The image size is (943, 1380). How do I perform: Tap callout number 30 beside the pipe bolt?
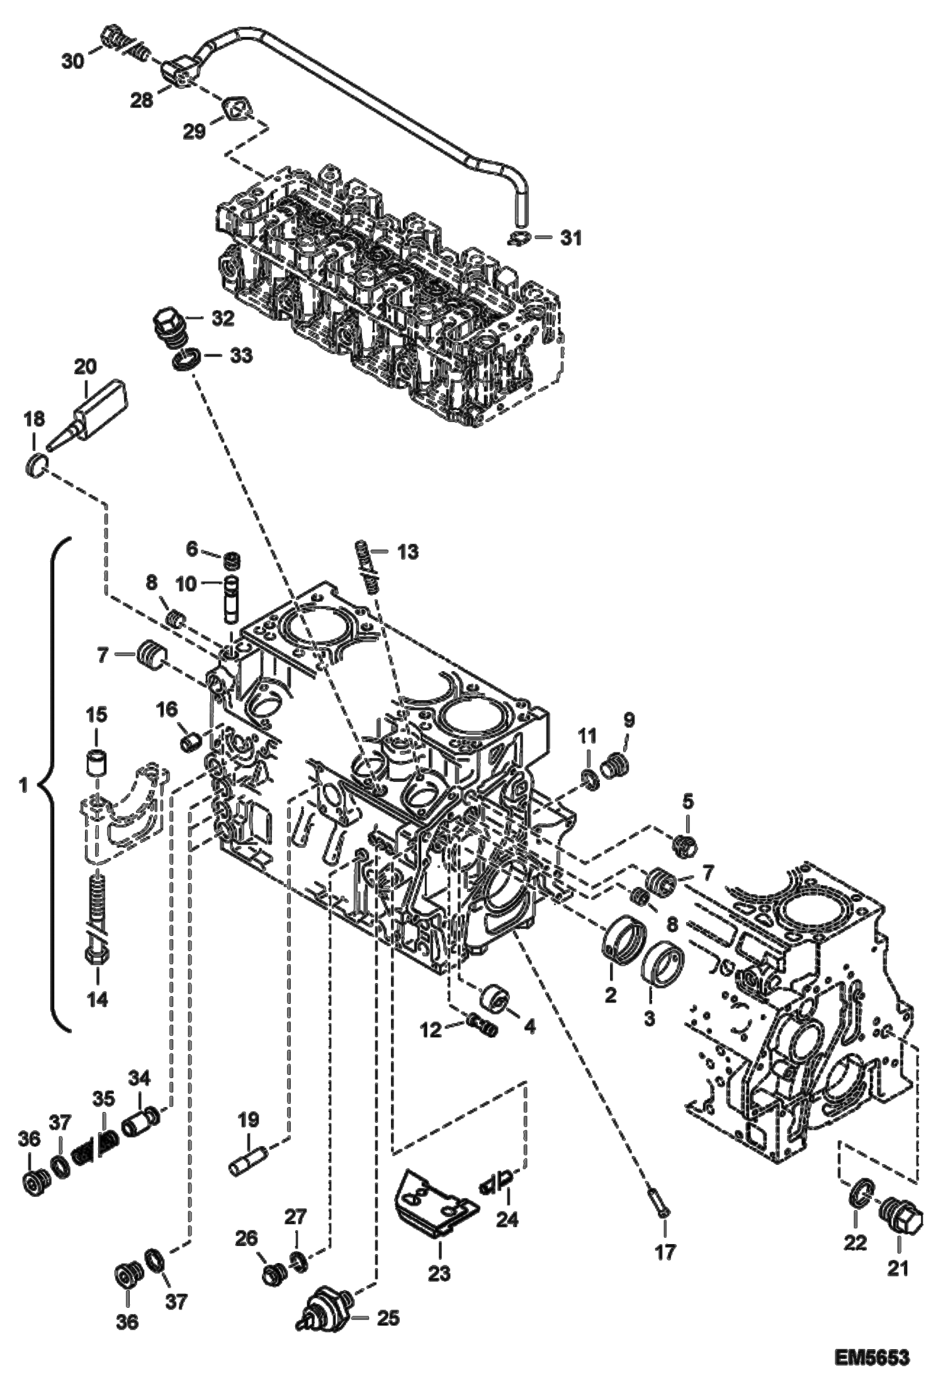click(x=74, y=62)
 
